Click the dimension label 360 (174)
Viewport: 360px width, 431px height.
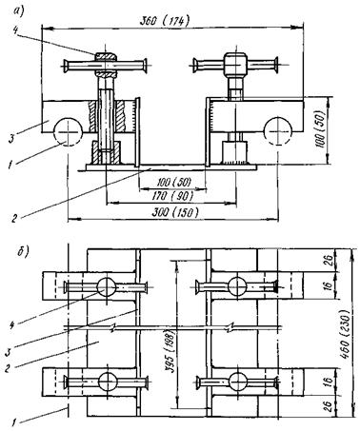165,21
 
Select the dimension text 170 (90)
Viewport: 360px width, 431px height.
172,196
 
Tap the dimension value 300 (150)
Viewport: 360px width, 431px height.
175,212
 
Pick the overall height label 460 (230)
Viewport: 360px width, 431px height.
345,336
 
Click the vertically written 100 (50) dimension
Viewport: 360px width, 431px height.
320,128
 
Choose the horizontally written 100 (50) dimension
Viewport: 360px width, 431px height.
174,182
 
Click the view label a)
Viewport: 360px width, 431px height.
19,10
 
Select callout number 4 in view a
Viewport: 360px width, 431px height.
15,29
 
